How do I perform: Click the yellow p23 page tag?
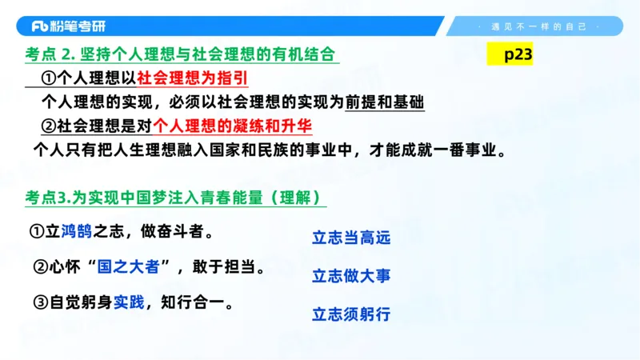(509, 56)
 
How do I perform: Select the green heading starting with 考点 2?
(182, 56)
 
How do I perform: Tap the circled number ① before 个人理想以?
(48, 79)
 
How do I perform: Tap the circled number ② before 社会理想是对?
(48, 126)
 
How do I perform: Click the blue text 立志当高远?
(351, 238)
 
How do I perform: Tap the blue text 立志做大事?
(351, 276)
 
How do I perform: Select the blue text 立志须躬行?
(351, 314)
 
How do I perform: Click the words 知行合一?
(196, 302)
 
